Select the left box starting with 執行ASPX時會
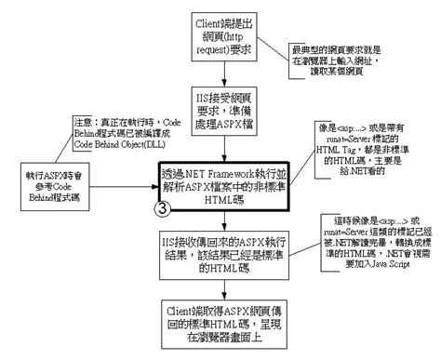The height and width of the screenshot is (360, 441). coord(48,183)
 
